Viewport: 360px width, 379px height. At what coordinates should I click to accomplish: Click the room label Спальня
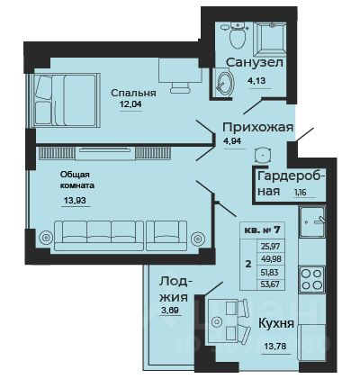(134, 92)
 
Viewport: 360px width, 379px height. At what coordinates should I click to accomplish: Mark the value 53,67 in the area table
(269, 286)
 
